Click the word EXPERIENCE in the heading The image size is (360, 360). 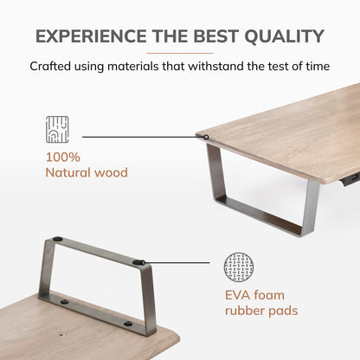pos(91,36)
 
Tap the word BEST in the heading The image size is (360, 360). pos(215,36)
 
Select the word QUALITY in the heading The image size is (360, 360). pos(284,36)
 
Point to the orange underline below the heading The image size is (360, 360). pos(180,53)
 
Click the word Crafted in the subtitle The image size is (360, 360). pos(50,67)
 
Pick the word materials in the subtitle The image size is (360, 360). pos(133,67)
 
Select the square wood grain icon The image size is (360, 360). pos(57,130)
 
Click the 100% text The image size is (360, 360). pos(63,157)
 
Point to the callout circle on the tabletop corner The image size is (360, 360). pos(206,138)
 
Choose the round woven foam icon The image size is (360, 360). pos(239,267)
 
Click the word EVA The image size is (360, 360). pos(237,295)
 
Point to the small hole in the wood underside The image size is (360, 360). pos(61,336)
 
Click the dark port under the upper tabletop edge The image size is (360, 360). pos(351,178)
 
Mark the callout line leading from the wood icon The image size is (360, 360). pos(143,137)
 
